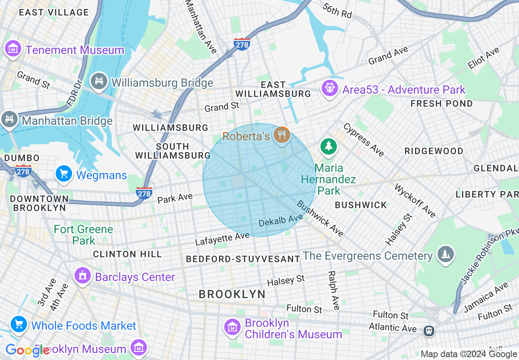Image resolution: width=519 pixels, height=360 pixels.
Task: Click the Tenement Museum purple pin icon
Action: click(13, 49)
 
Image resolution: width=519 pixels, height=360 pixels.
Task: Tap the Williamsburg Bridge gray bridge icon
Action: click(99, 82)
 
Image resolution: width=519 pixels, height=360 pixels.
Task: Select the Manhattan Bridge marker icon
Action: click(9, 120)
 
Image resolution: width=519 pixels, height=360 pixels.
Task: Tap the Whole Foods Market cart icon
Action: click(19, 325)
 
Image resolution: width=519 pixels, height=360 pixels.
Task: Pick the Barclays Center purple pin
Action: click(83, 276)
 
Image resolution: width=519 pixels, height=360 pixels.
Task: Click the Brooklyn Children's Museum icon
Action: click(232, 327)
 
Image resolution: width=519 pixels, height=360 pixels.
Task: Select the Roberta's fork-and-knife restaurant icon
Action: click(282, 135)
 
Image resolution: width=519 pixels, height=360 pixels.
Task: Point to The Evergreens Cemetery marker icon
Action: click(445, 255)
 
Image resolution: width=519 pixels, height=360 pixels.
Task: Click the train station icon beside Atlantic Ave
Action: click(429, 330)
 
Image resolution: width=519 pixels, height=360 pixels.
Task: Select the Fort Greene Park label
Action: click(83, 235)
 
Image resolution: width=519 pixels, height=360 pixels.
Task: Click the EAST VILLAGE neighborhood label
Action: click(54, 12)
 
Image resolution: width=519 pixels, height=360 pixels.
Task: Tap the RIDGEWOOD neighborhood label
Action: click(434, 151)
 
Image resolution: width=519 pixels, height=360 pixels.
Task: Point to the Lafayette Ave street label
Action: click(222, 239)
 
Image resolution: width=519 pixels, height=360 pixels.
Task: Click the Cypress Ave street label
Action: click(364, 140)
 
